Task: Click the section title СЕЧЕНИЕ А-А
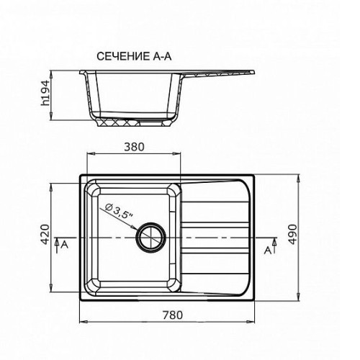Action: point(134,56)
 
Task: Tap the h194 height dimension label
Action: point(45,93)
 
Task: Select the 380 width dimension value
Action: point(134,147)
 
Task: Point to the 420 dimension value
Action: point(45,234)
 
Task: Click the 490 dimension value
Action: point(292,234)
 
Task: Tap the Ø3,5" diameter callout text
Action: point(120,211)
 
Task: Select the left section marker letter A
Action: point(65,245)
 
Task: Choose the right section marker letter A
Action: point(268,251)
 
